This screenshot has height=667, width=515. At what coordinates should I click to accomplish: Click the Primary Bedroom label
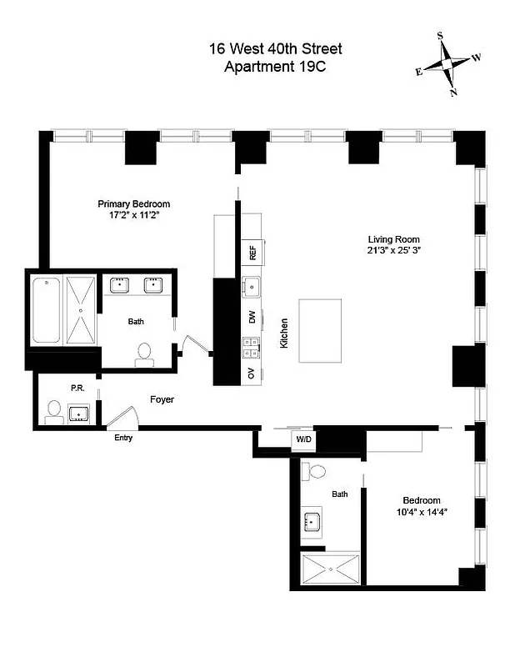133,203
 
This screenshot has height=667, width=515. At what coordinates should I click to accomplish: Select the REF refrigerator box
252,252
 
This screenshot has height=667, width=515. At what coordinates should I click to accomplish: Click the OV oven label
252,373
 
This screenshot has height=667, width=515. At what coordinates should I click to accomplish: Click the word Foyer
162,399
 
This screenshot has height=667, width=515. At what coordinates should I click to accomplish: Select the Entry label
122,438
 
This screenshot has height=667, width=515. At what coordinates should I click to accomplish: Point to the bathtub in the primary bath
47,310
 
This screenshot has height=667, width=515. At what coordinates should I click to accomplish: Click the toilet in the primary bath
144,354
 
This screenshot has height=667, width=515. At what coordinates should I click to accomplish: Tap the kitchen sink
251,288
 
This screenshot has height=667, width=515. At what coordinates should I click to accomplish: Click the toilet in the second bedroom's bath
315,472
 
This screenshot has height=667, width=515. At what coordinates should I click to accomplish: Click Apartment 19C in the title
275,67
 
